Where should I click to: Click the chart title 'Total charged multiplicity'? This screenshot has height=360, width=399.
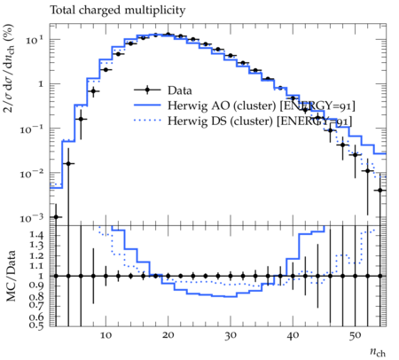tap(118, 11)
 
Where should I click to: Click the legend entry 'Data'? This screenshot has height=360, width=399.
tap(180, 90)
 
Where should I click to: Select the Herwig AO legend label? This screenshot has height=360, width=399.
tap(262, 106)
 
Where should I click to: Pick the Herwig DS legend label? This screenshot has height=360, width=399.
tap(260, 121)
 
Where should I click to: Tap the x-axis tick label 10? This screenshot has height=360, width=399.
tap(106, 335)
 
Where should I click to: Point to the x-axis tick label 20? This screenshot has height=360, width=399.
tap(168, 335)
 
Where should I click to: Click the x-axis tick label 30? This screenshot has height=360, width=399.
tap(231, 336)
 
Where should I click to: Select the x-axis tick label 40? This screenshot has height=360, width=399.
tap(293, 335)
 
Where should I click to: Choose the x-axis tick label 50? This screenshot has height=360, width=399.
tap(355, 336)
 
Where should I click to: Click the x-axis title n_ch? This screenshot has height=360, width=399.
tap(378, 352)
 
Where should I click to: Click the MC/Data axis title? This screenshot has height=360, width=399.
tap(11, 276)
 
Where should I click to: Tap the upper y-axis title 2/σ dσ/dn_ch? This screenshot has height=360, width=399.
tap(10, 68)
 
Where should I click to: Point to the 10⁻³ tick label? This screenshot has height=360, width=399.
tap(32, 217)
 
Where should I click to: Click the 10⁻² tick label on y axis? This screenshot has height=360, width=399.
tap(32, 173)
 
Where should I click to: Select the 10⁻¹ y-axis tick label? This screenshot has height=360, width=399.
tap(32, 129)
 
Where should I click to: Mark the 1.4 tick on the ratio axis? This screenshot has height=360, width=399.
tap(36, 236)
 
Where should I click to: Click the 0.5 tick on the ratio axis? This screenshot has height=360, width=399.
tap(36, 325)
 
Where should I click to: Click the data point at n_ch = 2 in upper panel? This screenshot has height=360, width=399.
tap(56, 217)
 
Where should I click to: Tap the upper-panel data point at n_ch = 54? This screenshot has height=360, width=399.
tap(380, 191)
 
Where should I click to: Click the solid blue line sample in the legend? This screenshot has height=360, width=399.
tap(147, 106)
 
